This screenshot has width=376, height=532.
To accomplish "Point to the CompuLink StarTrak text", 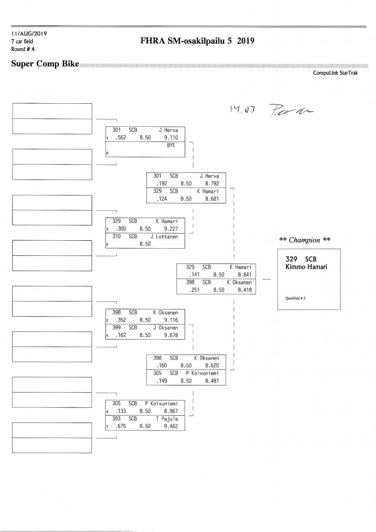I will (335, 73).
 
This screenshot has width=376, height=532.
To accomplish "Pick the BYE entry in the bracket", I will (171, 145).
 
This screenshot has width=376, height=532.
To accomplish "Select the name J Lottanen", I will (164, 236).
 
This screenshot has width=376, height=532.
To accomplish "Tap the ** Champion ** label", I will (305, 240).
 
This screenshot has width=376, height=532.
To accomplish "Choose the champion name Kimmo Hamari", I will (306, 266).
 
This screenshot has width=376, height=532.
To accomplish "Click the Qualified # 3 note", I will (295, 298).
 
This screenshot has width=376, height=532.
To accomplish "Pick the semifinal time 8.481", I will (212, 380).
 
